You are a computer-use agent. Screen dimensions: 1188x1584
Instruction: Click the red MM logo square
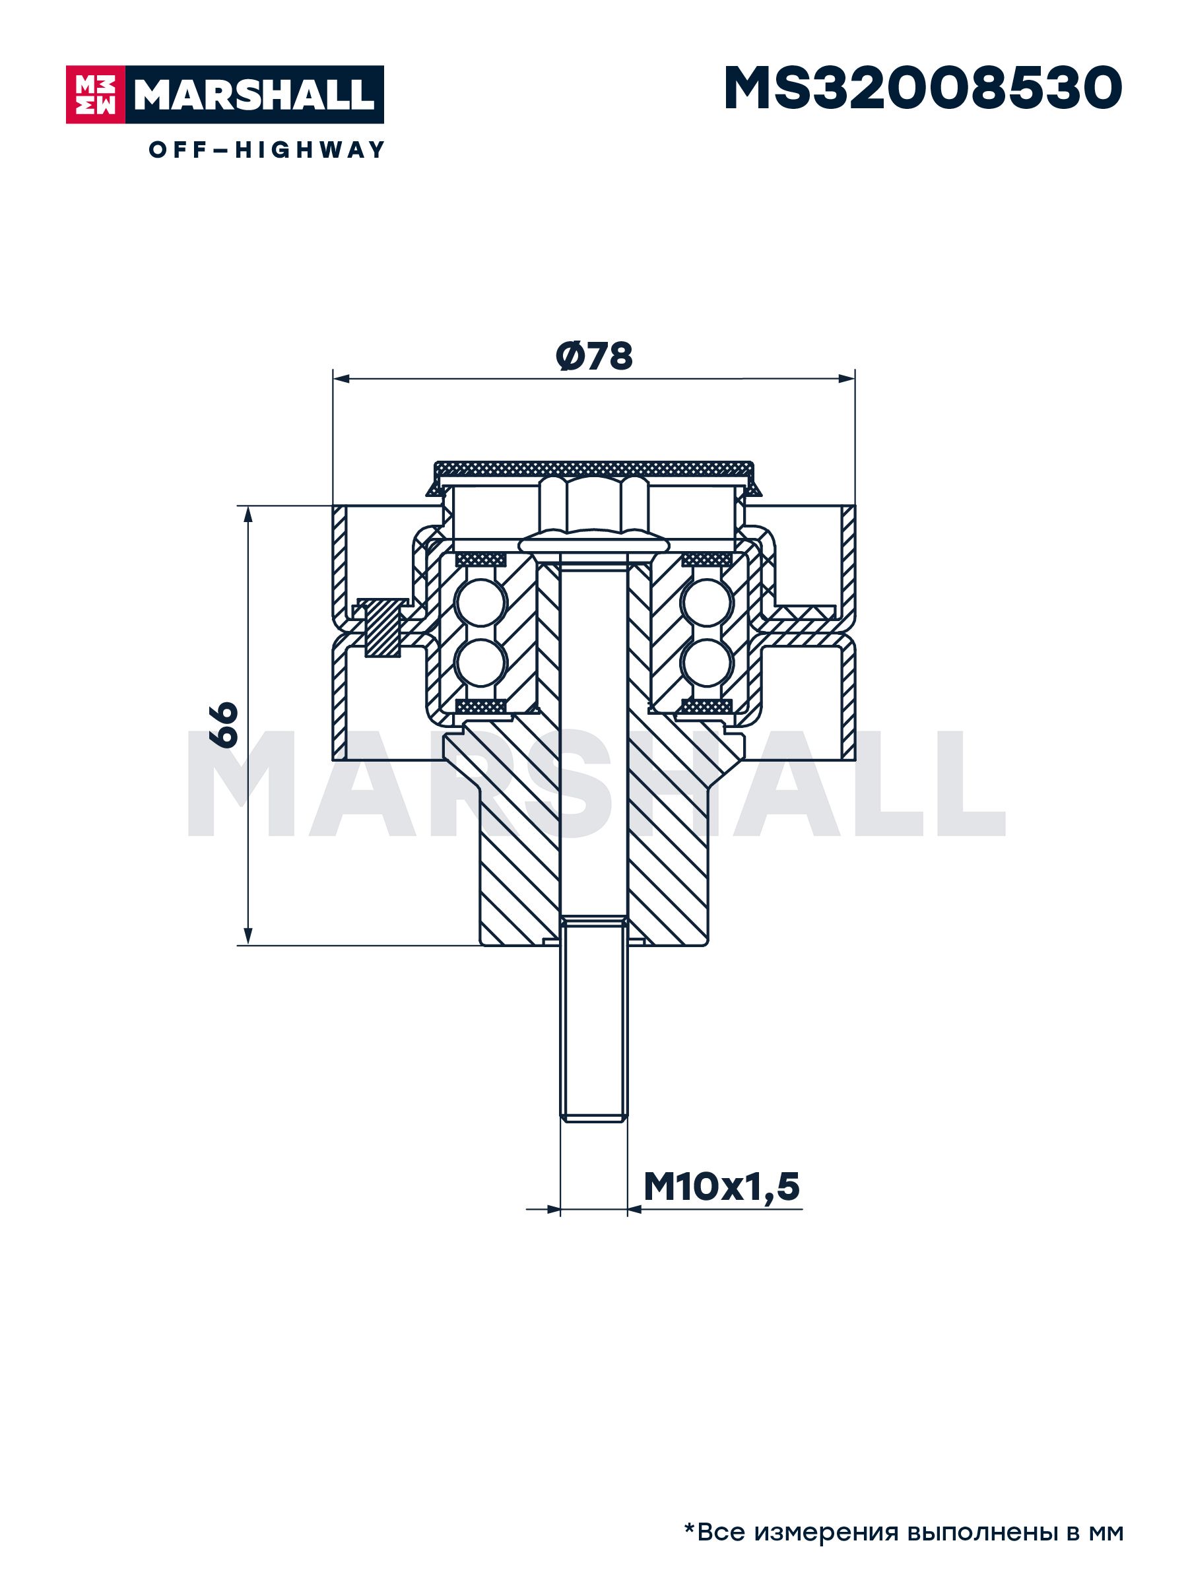click(95, 94)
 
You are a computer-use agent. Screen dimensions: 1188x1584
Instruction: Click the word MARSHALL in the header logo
click(254, 94)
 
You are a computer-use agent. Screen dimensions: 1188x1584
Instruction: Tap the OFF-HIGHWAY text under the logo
click(267, 150)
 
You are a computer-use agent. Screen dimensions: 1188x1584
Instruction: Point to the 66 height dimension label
click(224, 725)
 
